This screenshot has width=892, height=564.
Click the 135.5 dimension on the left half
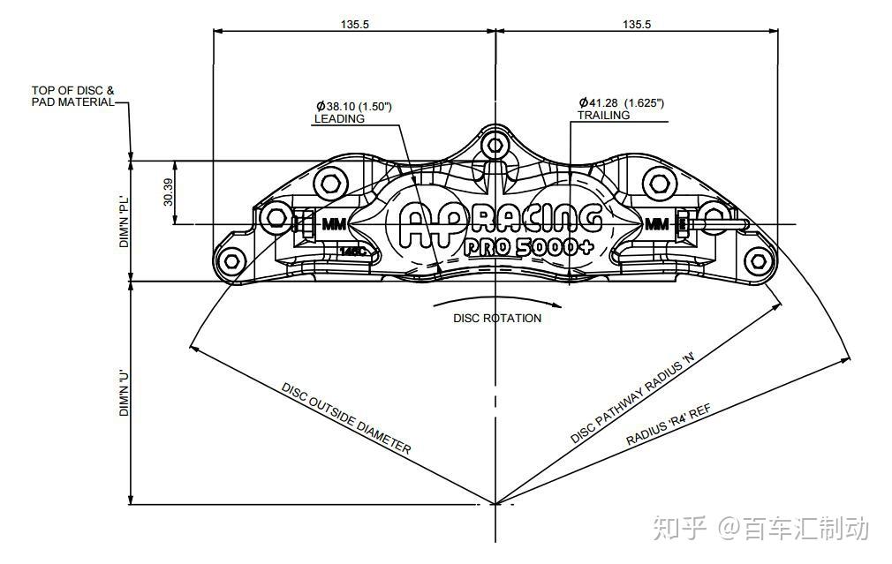[x=354, y=24]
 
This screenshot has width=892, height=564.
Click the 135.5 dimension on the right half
[x=637, y=24]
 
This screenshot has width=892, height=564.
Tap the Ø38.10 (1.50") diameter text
[x=354, y=106]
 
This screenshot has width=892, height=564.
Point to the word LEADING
[x=339, y=118]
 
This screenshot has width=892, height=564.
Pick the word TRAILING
[x=603, y=116]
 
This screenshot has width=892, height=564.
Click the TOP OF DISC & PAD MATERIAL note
[x=72, y=96]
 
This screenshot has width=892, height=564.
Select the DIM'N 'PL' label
[x=125, y=221]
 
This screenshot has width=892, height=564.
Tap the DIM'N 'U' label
[x=125, y=393]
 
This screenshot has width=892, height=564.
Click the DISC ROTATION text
[x=497, y=318]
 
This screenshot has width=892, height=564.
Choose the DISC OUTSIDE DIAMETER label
[x=346, y=417]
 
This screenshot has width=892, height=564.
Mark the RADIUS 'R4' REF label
[x=669, y=425]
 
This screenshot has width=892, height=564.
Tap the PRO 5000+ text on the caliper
[x=528, y=247]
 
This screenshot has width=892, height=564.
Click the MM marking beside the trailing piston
[x=657, y=224]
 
